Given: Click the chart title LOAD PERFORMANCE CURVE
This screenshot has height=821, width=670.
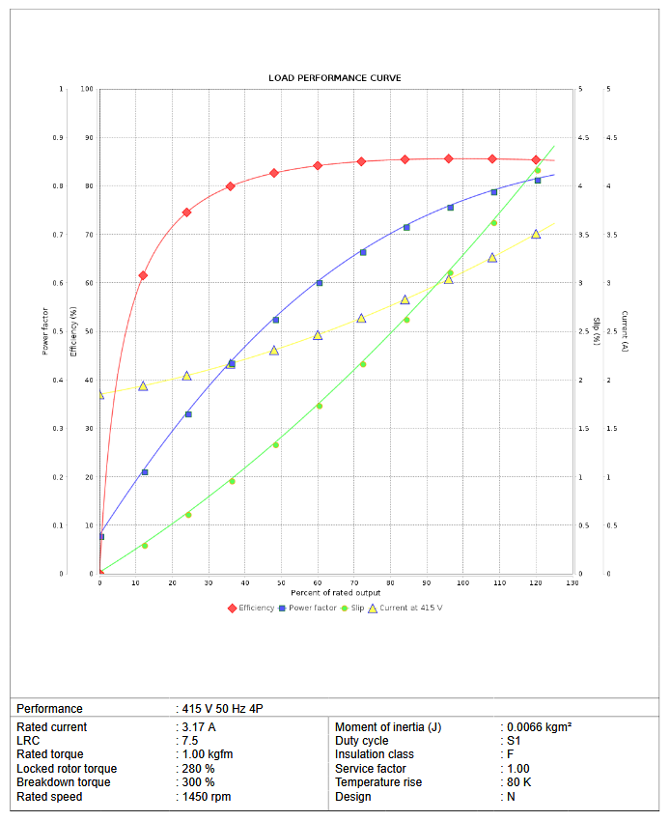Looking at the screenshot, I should pos(335,78).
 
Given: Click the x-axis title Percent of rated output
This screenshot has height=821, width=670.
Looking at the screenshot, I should pos(335,592).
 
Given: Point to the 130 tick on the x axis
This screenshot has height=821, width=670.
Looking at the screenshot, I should pos(572,583).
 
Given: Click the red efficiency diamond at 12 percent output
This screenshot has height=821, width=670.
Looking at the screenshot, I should pos(143,275).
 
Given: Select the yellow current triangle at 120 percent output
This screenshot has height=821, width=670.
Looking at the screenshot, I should pos(536,234).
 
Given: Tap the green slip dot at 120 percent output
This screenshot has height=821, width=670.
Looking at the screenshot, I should pos(538,170).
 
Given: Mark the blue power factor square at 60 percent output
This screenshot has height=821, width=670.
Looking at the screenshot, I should pos(319,283).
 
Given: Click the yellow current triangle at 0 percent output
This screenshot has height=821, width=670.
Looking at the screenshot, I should pos(99,394).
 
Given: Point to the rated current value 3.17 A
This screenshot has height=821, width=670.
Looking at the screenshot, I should pos(199,726).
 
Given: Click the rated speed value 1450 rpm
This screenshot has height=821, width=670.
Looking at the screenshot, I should pos(207,797).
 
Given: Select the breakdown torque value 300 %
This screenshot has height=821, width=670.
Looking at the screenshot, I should pos(198,782).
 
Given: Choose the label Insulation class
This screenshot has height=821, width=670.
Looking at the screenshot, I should pos(375,754).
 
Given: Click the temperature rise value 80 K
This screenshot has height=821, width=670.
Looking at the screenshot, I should pos(519,782).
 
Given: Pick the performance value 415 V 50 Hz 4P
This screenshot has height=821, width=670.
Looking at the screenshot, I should pos(222,709).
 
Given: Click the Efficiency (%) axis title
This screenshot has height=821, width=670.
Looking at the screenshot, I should pos(74,331).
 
